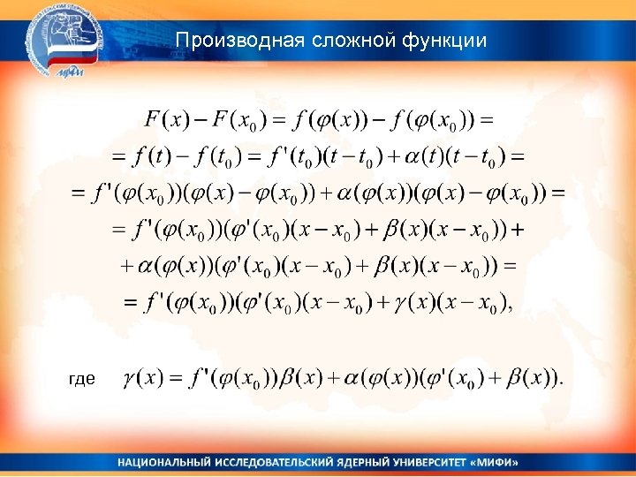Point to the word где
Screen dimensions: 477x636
click(82, 379)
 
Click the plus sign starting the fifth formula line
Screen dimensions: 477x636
click(125, 265)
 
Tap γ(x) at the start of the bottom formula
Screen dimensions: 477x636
click(142, 379)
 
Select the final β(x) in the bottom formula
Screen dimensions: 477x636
click(532, 379)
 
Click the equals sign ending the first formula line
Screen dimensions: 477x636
click(485, 118)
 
